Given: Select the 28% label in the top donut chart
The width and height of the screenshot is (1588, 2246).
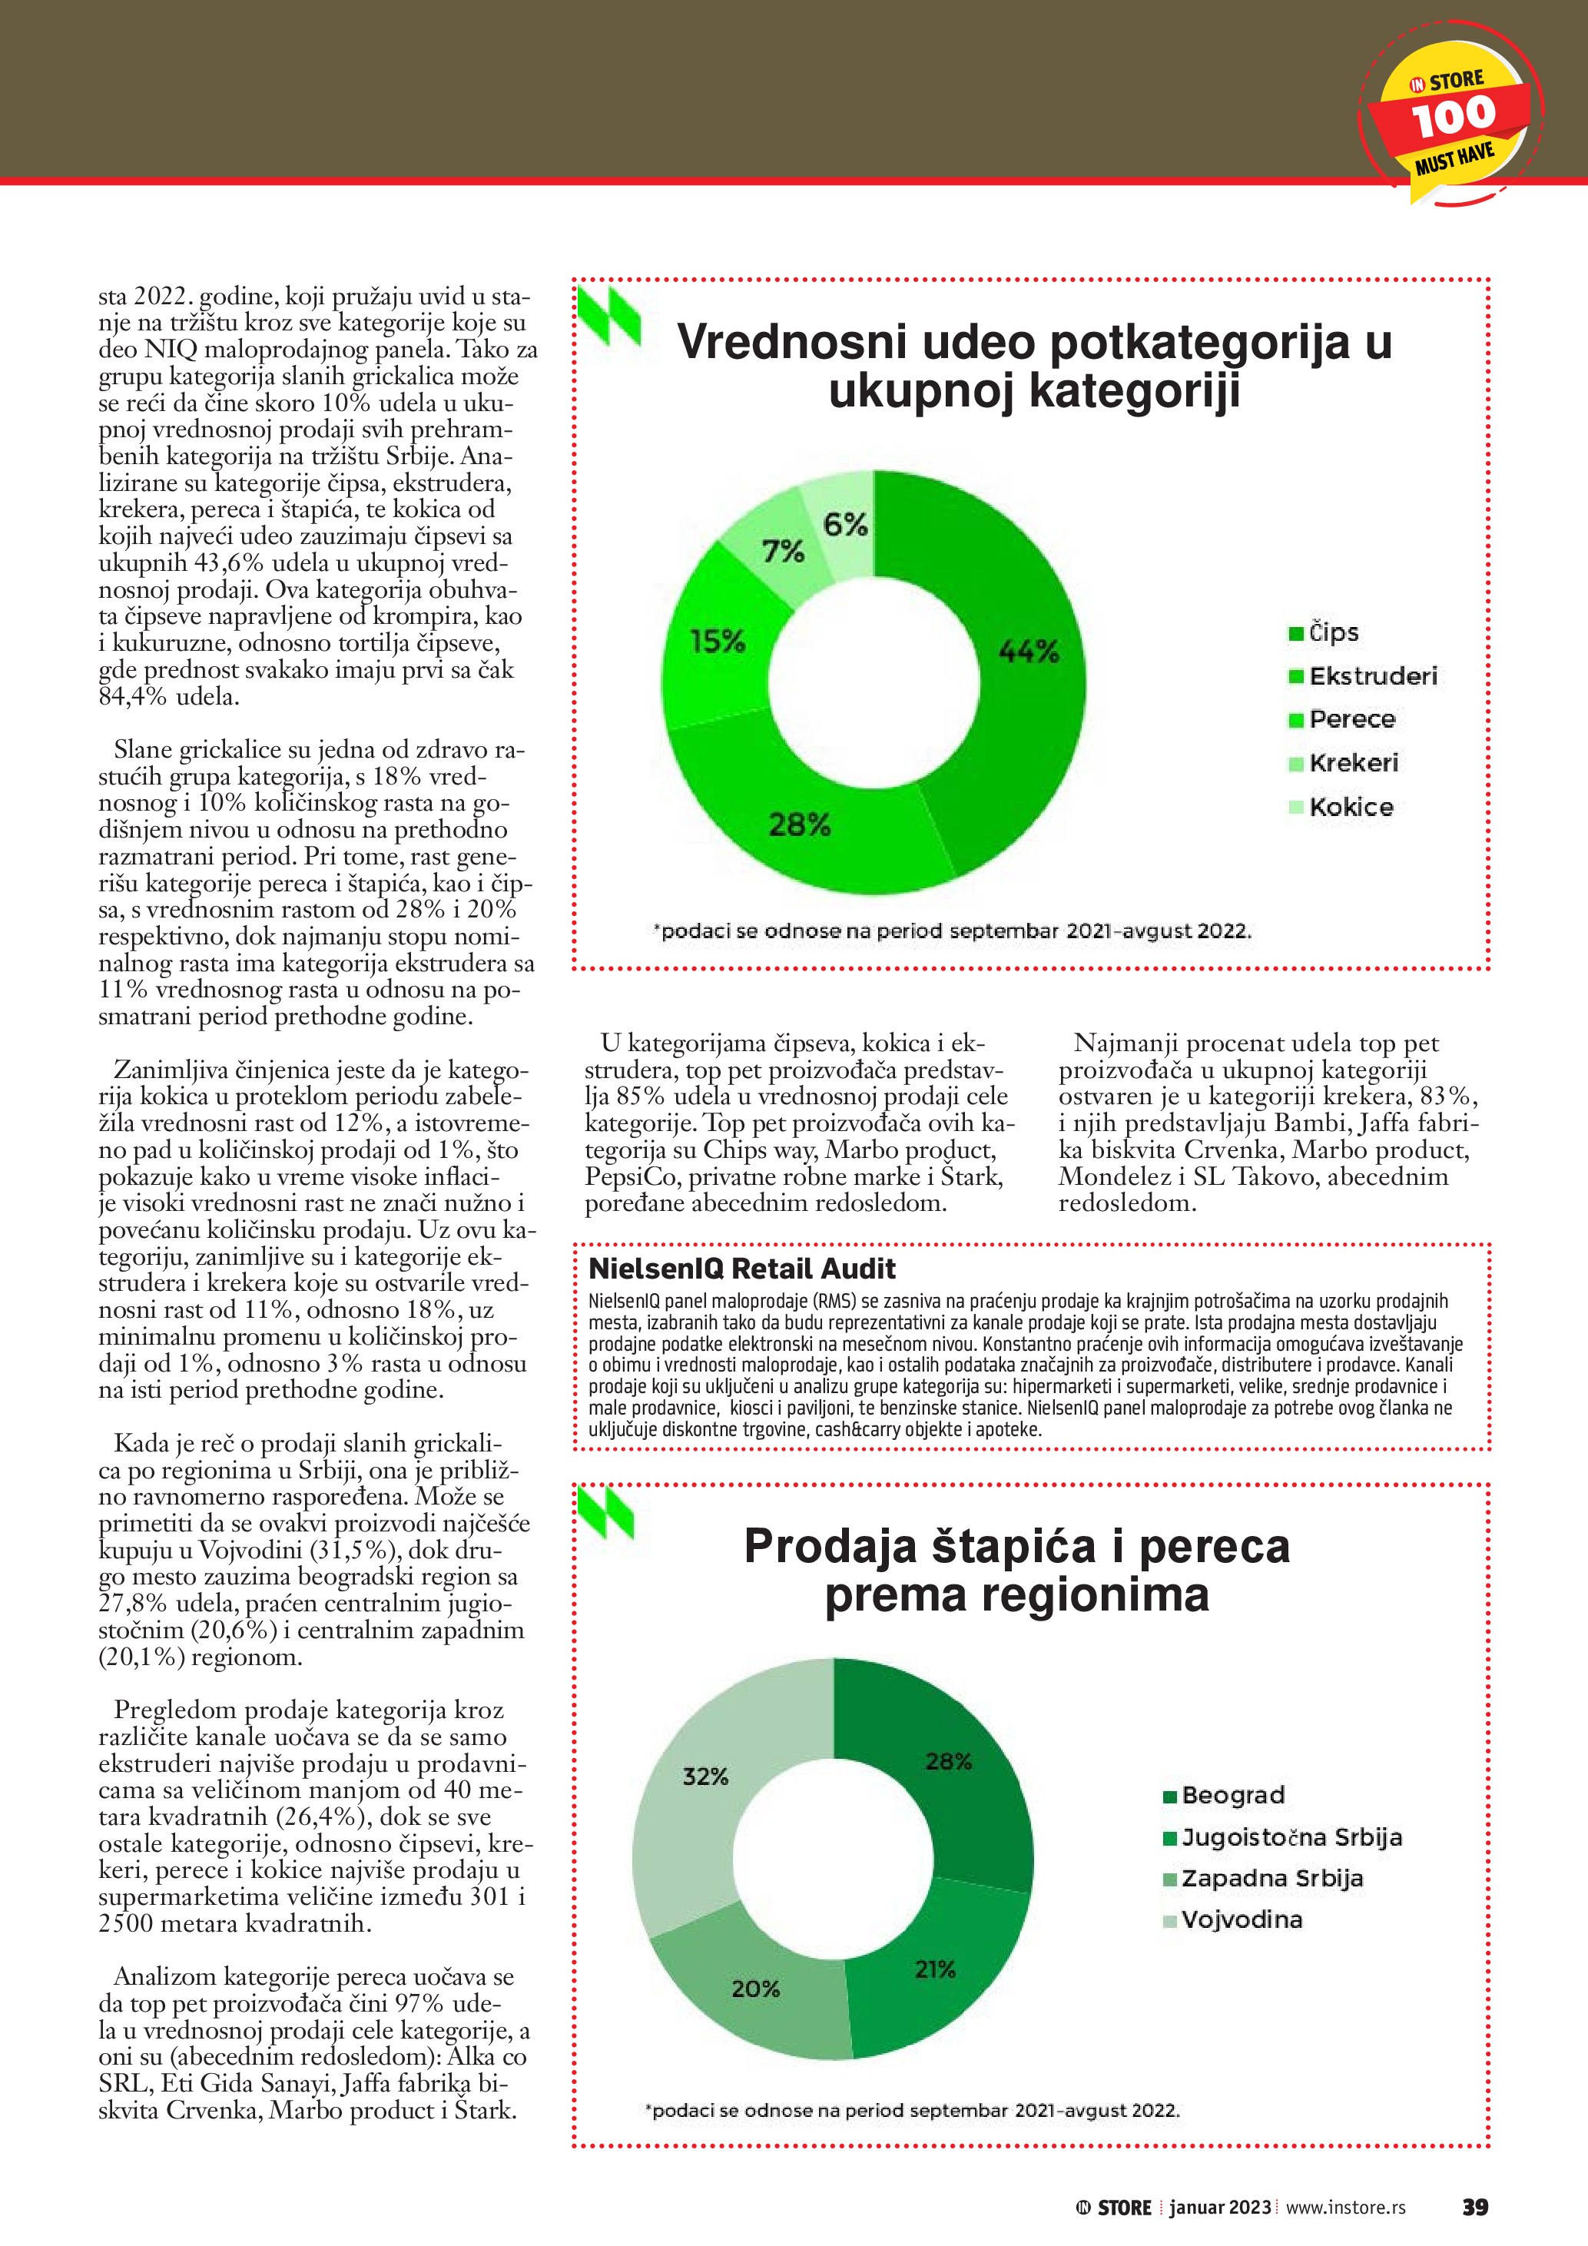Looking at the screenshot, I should coord(799,824).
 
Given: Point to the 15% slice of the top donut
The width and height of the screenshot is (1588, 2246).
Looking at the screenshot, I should coord(717,642).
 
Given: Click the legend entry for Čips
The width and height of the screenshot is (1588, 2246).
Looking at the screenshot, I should coord(1324,633).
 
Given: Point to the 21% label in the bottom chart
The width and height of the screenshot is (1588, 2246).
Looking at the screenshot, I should coord(935,1969).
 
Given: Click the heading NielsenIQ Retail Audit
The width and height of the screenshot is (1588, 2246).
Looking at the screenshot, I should coord(741,1269).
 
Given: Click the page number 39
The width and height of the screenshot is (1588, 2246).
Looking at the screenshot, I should coord(1474,2207).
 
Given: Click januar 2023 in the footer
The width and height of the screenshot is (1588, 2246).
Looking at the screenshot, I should coord(1220,2208).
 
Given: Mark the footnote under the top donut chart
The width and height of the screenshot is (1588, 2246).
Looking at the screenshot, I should coord(951,931).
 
